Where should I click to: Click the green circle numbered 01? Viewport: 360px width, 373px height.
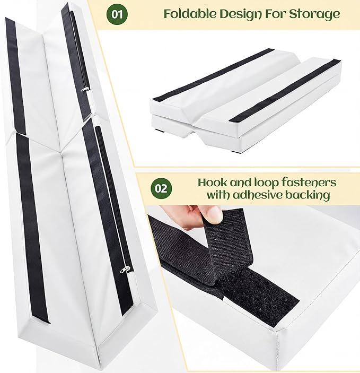[117, 14]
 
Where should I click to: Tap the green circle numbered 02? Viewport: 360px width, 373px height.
[161, 189]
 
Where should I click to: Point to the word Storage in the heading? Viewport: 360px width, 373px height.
[314, 15]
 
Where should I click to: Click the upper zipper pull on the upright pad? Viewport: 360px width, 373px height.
[85, 89]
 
